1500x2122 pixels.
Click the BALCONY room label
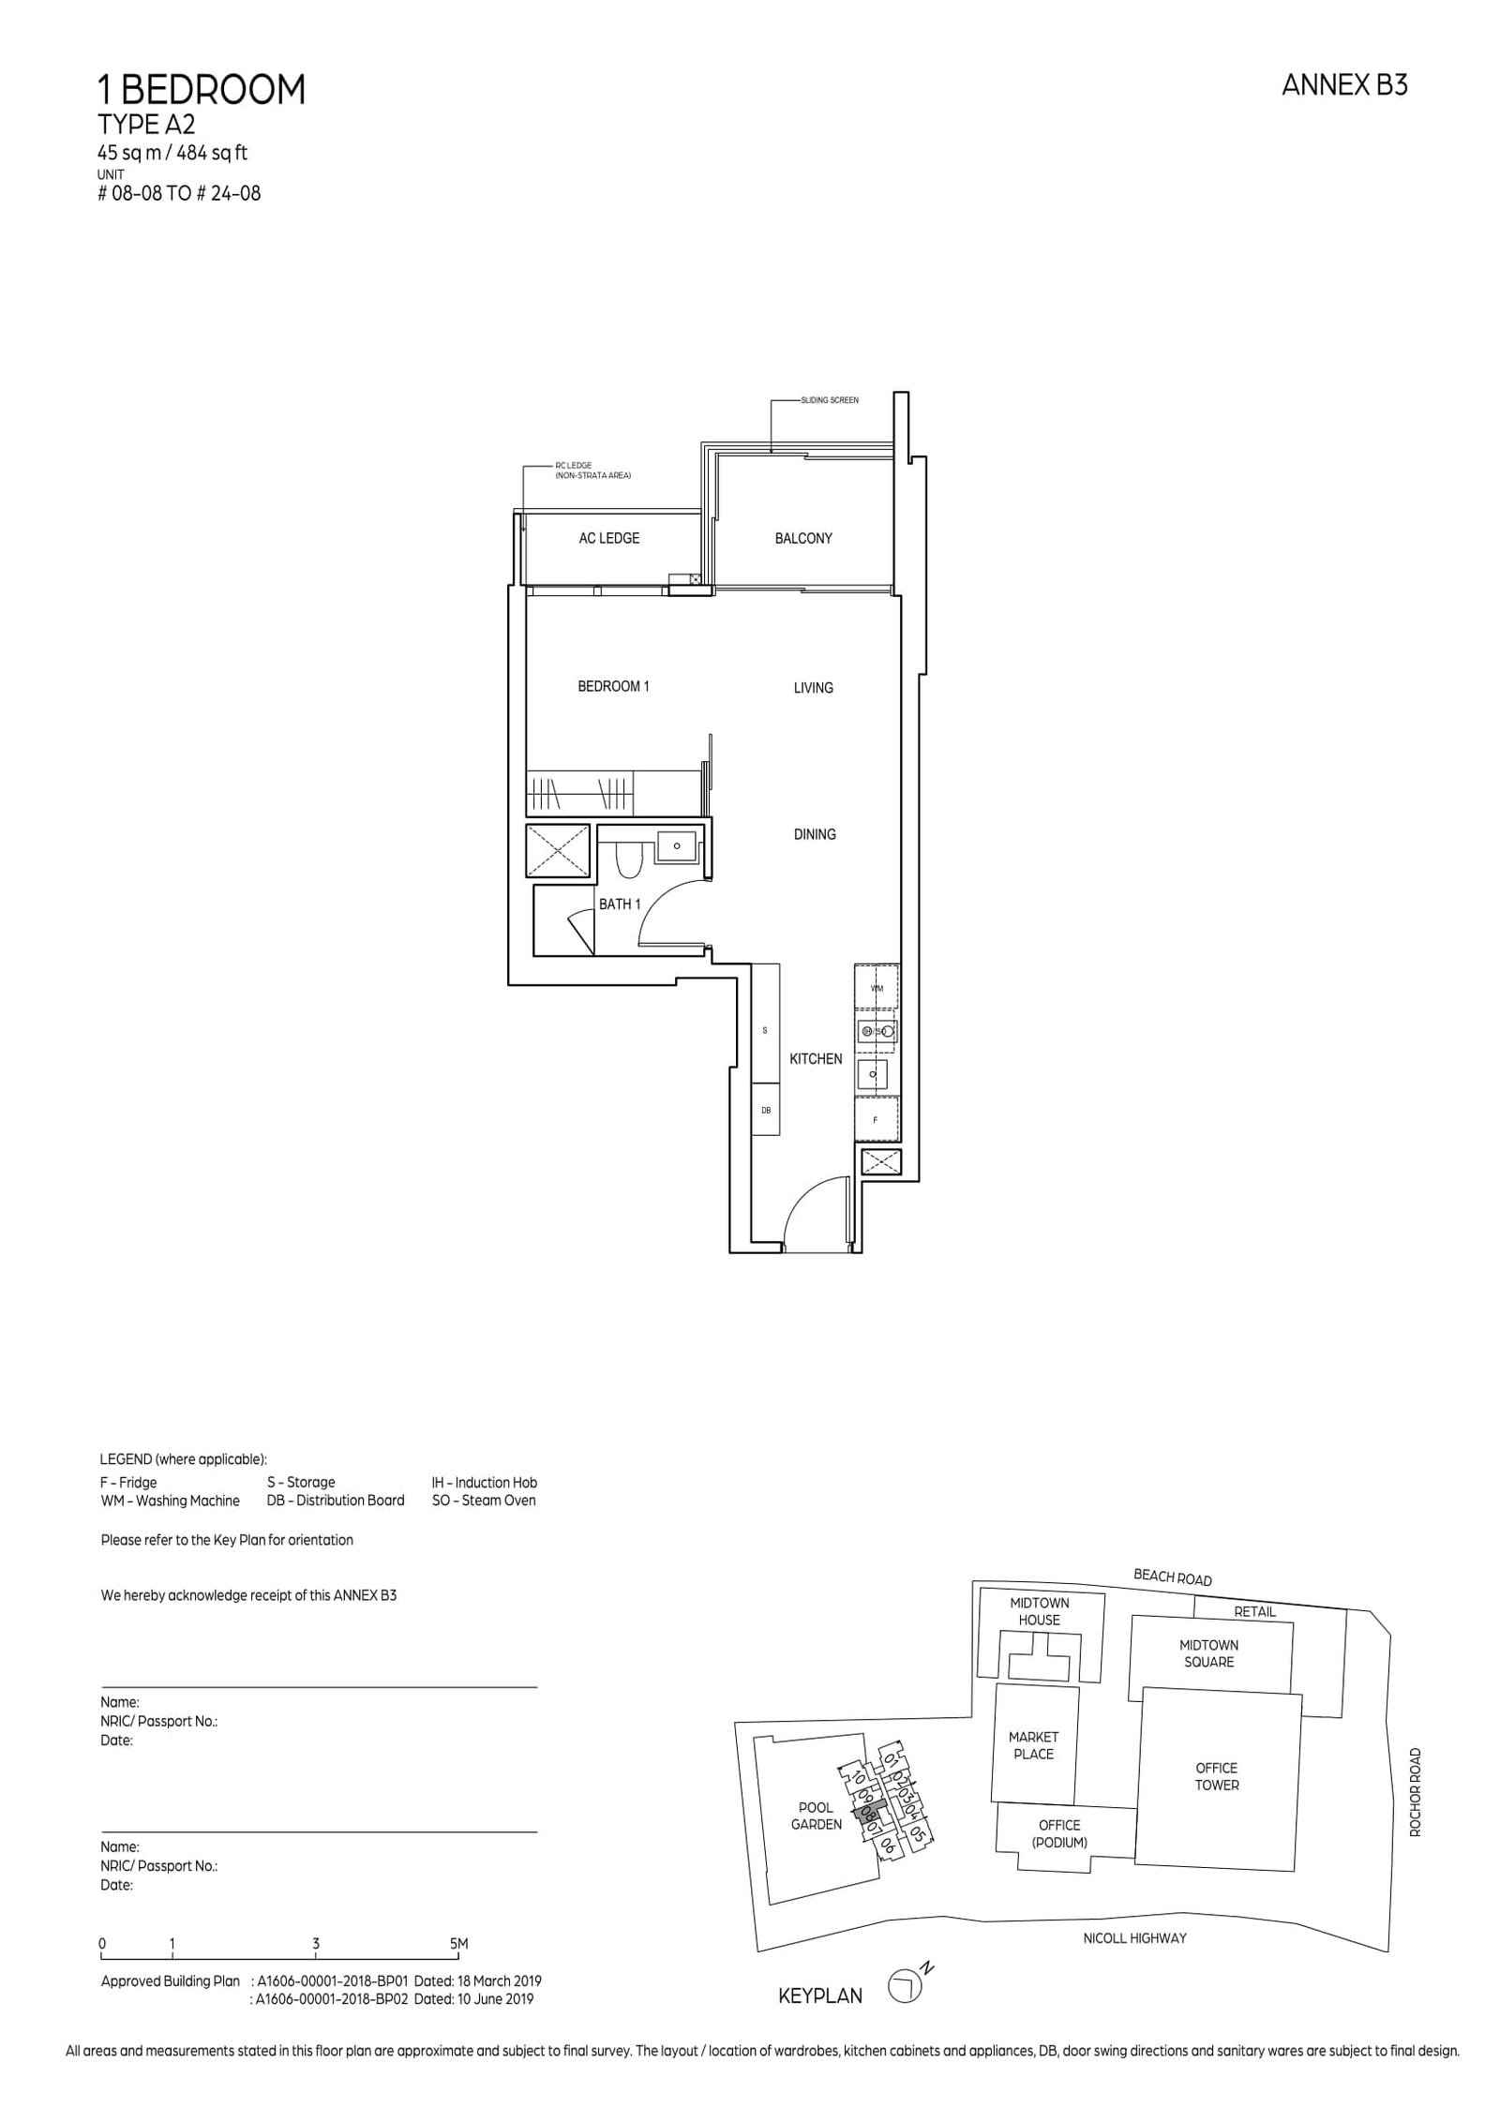click(802, 538)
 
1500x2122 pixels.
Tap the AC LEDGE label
click(608, 538)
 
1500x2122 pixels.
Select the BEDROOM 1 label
click(613, 686)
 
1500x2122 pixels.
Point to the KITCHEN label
click(815, 1058)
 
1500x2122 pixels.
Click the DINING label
click(814, 834)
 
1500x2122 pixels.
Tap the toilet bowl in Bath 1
click(629, 861)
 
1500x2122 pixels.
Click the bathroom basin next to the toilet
click(676, 845)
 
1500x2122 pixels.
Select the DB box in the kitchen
click(765, 1110)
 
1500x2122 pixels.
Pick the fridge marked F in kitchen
click(876, 1119)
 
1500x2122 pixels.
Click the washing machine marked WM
click(877, 988)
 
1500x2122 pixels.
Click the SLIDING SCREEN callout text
click(830, 400)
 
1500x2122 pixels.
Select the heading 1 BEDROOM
click(202, 90)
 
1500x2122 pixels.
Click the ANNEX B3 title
click(1343, 85)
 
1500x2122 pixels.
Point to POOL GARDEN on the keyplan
click(816, 1816)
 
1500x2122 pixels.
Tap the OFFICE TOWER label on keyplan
click(1216, 1776)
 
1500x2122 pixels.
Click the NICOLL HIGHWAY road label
click(1134, 1937)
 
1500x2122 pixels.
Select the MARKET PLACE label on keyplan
click(1033, 1745)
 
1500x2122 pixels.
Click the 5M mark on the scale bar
click(458, 1944)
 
